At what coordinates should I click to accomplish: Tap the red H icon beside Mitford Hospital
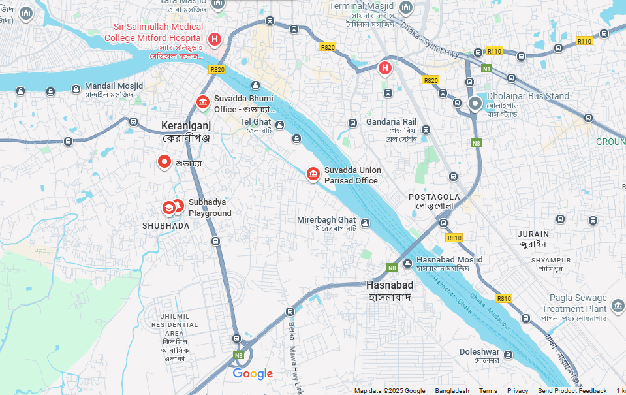(x=214, y=39)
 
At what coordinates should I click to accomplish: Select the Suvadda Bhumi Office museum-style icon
(x=202, y=103)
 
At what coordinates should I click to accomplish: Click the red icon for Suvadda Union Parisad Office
(x=313, y=174)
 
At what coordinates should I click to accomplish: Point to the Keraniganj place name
(x=186, y=125)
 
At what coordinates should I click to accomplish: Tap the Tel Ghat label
(x=255, y=122)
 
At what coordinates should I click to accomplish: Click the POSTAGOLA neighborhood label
(x=434, y=197)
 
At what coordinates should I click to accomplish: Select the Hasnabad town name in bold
(x=389, y=285)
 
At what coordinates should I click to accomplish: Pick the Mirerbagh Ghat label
(x=326, y=220)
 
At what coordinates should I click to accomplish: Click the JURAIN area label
(x=533, y=234)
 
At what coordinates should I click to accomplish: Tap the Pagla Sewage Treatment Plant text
(x=574, y=304)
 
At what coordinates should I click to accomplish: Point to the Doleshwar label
(x=479, y=352)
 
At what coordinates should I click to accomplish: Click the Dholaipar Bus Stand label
(x=528, y=96)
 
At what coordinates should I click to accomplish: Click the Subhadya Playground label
(x=210, y=208)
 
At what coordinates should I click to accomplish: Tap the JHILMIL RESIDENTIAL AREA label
(x=174, y=324)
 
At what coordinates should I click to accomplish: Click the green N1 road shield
(x=486, y=69)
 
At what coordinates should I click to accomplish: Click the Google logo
(x=253, y=374)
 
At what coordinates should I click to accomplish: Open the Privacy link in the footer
(x=518, y=391)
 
